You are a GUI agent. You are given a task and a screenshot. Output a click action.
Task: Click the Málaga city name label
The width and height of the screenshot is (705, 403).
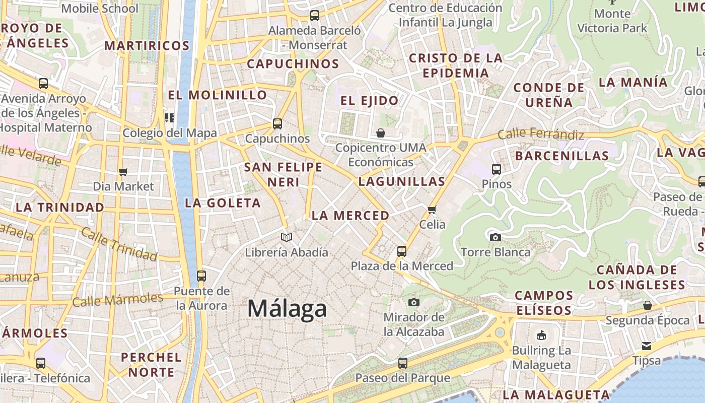(x=287, y=308)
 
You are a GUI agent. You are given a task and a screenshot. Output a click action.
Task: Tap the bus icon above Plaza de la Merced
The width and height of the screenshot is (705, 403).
(x=401, y=251)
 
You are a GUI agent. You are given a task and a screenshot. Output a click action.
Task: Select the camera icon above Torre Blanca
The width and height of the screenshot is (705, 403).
(x=496, y=237)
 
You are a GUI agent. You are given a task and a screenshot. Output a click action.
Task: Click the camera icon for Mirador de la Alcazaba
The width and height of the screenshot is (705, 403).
(x=414, y=302)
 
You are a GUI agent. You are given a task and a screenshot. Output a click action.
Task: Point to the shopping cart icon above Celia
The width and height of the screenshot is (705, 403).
(x=432, y=210)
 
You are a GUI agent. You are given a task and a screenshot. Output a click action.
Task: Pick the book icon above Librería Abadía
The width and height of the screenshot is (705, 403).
(x=287, y=237)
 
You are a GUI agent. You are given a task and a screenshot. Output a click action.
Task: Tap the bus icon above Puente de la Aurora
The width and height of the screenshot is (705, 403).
(x=201, y=276)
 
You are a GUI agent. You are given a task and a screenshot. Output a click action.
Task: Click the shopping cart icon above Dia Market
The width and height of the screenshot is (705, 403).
(x=123, y=172)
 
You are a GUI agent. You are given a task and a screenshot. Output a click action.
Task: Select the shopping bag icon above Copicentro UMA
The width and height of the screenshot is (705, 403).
(x=381, y=133)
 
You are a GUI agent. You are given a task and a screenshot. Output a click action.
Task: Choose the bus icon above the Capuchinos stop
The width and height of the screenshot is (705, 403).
(x=277, y=123)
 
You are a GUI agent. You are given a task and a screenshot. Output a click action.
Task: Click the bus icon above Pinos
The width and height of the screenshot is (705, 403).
(x=497, y=169)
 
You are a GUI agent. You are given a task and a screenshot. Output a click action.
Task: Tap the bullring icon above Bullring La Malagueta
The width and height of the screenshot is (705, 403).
(x=541, y=335)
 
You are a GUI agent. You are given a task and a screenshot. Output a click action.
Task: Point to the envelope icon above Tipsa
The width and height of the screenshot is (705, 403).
(x=647, y=346)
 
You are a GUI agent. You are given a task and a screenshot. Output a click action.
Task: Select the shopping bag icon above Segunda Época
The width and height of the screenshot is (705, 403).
(x=648, y=305)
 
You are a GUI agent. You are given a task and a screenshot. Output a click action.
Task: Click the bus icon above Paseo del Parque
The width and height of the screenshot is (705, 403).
(x=402, y=363)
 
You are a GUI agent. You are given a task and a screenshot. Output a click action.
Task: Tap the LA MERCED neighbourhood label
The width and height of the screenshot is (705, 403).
(x=350, y=216)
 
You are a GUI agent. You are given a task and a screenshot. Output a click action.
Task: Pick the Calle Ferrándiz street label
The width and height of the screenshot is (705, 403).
(x=541, y=135)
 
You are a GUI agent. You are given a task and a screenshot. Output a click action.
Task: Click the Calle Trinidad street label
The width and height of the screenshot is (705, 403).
(x=119, y=244)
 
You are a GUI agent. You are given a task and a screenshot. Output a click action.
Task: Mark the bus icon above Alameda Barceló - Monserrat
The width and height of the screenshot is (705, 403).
(x=315, y=16)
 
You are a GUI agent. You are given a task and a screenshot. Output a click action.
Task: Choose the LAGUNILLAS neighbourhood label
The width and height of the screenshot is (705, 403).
(x=402, y=182)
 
